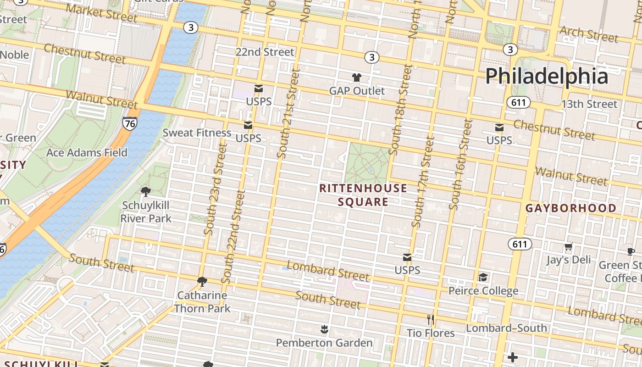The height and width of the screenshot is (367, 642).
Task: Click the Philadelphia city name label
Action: click(547, 76)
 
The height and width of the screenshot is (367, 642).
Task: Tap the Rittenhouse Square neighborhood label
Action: click(363, 195)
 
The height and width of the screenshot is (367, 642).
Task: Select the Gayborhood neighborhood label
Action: click(570, 208)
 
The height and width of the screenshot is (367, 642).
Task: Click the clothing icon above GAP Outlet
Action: click(357, 78)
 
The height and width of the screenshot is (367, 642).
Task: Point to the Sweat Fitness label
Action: click(197, 133)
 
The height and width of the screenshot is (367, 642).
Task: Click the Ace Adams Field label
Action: click(87, 152)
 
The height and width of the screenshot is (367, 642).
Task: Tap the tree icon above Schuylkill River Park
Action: click(146, 191)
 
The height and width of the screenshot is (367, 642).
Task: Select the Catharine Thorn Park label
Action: click(202, 301)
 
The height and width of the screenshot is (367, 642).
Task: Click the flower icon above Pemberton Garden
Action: click(324, 329)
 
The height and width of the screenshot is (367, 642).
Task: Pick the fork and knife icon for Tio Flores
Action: click(431, 319)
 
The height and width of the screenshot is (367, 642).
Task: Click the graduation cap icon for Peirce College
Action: click(483, 277)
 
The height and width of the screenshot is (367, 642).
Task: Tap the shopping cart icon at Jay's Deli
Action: click(569, 247)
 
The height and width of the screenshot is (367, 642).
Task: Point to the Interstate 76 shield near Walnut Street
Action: click(129, 123)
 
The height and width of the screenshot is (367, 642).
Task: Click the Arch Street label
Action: click(589, 34)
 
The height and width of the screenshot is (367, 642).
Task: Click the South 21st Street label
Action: click(288, 114)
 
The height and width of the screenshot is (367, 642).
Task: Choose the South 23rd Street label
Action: click(216, 189)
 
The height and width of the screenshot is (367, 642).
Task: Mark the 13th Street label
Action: click(589, 104)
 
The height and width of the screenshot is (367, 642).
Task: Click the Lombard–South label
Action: click(506, 328)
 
